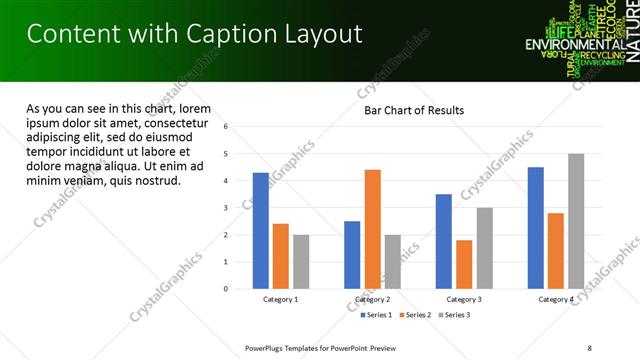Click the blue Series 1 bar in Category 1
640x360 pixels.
[261, 231]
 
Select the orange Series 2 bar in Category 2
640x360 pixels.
[372, 229]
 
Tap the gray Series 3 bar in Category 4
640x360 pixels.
[576, 221]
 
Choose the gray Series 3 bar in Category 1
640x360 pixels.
[301, 262]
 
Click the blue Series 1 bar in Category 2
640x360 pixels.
[352, 255]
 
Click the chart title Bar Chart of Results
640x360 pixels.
[413, 110]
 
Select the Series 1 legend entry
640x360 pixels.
[378, 315]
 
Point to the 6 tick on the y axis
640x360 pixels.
[227, 127]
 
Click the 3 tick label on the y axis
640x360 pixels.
[227, 208]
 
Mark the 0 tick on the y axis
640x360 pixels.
[227, 289]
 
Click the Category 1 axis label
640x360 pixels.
[281, 299]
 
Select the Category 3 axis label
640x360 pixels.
[464, 299]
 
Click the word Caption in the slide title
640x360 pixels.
[228, 35]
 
